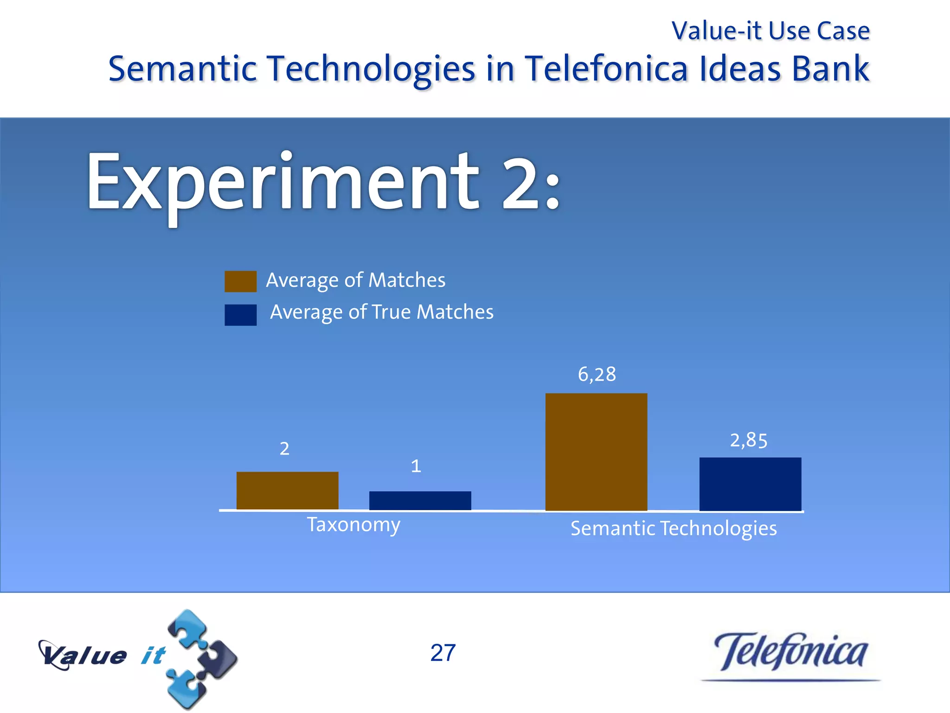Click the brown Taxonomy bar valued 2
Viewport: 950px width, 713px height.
coord(287,491)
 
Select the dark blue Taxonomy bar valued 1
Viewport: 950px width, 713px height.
coord(420,500)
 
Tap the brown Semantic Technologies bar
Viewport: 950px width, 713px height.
coord(596,452)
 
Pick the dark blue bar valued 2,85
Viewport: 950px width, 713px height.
coord(750,484)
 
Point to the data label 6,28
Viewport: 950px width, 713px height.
coord(597,374)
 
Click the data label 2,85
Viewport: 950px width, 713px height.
coord(749,440)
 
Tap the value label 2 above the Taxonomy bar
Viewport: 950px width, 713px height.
coord(284,448)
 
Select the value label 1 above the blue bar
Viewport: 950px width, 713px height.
coord(416,466)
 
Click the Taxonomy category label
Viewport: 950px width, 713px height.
coord(353,525)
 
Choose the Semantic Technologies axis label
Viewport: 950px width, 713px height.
coord(674,528)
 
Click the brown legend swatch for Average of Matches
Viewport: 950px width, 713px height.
coord(240,281)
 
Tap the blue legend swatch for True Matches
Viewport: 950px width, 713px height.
coord(240,315)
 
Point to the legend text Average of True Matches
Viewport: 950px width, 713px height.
coord(381,312)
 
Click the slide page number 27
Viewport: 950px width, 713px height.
coord(443,653)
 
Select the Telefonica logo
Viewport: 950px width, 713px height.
coord(790,654)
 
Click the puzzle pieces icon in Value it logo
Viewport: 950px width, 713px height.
coord(202,659)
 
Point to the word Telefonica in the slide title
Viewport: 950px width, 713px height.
coord(606,69)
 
